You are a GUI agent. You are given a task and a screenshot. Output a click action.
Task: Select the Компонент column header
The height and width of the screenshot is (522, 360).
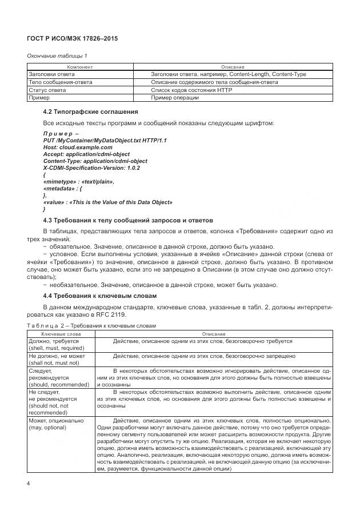[80, 67]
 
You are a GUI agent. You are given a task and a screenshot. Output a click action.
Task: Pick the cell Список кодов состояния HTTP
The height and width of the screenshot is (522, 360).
[183, 90]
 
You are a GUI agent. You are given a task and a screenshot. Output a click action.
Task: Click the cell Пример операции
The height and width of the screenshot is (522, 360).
[175, 98]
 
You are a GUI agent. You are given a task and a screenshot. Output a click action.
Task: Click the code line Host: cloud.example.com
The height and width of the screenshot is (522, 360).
[74, 147]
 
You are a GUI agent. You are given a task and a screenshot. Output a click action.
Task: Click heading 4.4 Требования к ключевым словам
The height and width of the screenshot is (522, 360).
[101, 295]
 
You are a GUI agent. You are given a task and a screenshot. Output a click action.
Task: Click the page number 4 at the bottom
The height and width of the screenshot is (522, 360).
[29, 483]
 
